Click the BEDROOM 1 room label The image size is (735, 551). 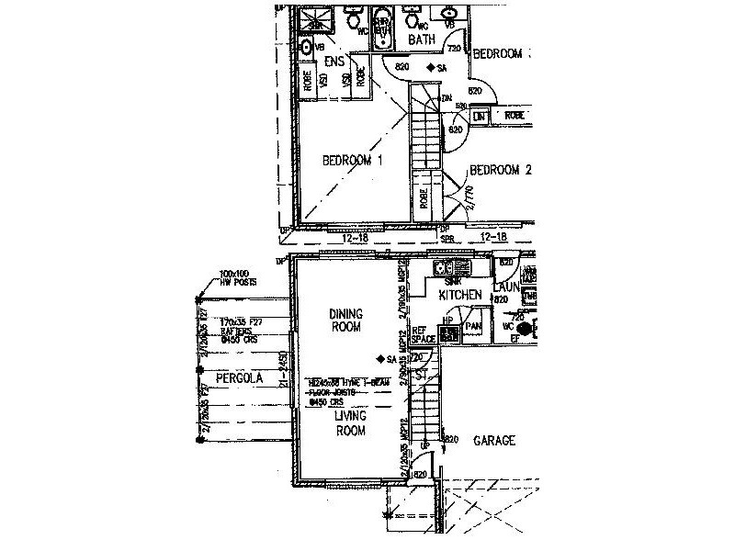[352, 161]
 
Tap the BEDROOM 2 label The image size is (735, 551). [501, 170]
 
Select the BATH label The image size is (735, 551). [422, 39]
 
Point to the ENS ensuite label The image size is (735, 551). [334, 61]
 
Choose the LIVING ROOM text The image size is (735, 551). [351, 422]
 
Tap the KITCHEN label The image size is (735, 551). [460, 295]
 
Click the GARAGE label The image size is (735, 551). [493, 441]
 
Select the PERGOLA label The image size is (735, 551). [240, 377]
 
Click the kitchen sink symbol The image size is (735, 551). [452, 268]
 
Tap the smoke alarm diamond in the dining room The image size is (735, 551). [380, 358]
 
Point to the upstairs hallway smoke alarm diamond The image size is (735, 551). [429, 68]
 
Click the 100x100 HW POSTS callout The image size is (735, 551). [237, 277]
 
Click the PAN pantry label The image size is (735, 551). [474, 326]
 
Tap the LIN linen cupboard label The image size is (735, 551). [479, 117]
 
